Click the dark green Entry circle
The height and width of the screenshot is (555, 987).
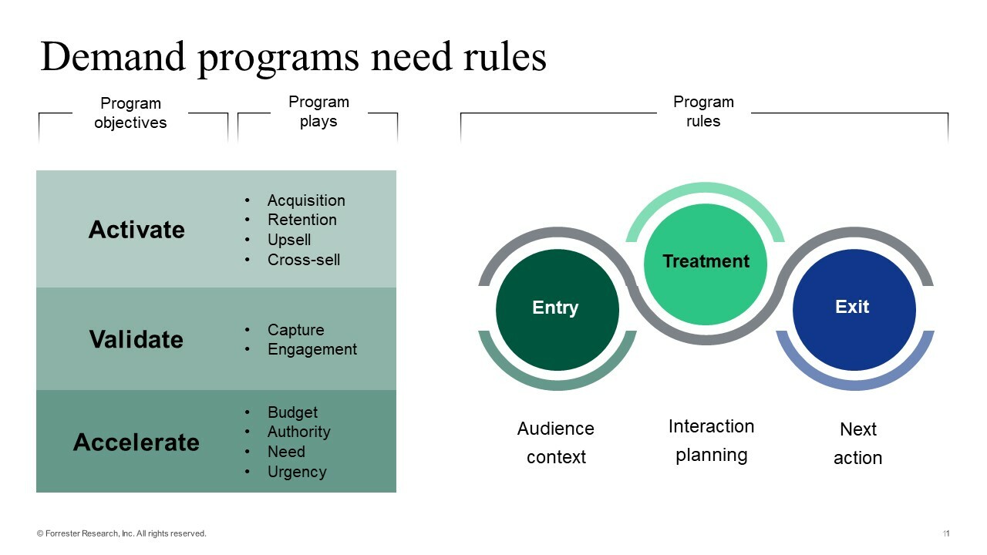(x=557, y=308)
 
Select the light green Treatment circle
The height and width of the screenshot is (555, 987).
(x=706, y=262)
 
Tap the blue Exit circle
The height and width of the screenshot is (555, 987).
(x=854, y=308)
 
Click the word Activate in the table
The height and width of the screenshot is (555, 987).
(x=136, y=230)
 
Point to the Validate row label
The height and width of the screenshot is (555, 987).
(x=136, y=339)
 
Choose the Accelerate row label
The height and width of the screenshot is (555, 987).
(x=136, y=442)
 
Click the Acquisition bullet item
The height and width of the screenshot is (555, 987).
(x=306, y=200)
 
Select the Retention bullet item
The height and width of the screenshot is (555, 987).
(x=301, y=220)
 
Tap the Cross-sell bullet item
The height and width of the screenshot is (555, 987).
(x=303, y=260)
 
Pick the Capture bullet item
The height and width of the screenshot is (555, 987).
(x=295, y=330)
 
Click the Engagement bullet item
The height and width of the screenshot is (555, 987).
(x=312, y=349)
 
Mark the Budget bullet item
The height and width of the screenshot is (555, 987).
(x=292, y=412)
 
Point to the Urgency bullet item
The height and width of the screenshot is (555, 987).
(x=297, y=472)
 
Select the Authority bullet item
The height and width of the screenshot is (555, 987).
(x=298, y=432)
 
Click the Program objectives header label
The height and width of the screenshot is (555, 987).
(x=130, y=113)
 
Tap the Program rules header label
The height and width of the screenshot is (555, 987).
(x=703, y=112)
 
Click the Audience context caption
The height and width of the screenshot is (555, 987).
(x=556, y=442)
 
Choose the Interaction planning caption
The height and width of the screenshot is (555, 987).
(x=711, y=440)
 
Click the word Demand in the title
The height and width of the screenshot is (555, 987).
(x=113, y=57)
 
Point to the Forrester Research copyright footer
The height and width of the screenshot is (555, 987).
(x=122, y=533)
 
